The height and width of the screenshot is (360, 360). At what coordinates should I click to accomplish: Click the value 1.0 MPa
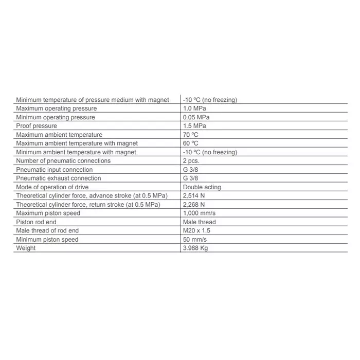[x=194, y=109]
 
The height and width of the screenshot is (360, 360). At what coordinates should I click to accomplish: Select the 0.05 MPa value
[x=196, y=117]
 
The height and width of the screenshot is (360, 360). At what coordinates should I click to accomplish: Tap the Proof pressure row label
[x=37, y=126]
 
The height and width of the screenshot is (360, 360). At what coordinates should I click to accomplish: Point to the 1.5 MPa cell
[x=194, y=126]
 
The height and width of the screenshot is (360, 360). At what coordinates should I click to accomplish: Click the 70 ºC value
[x=191, y=135]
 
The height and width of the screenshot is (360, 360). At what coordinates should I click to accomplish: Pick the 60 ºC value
[x=191, y=143]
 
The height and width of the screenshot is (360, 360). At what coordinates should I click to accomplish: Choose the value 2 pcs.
[x=191, y=161]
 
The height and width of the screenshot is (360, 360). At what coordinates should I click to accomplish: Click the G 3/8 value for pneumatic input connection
[x=190, y=170]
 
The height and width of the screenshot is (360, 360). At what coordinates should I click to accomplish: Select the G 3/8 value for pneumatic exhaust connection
[x=190, y=178]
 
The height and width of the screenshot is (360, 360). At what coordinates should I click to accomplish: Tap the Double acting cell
[x=202, y=187]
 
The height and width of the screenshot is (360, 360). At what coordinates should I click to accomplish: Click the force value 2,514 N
[x=194, y=196]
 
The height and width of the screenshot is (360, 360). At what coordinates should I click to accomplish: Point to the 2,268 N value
[x=194, y=205]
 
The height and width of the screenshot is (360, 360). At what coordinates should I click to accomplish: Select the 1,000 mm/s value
[x=200, y=213]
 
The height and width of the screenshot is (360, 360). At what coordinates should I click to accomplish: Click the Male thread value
[x=200, y=222]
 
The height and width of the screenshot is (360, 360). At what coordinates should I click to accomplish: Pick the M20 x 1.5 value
[x=196, y=231]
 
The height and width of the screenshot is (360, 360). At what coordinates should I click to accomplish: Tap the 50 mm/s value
[x=195, y=240]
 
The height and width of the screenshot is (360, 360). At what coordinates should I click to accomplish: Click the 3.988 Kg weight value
[x=195, y=248]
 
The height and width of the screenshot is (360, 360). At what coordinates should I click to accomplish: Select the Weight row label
[x=26, y=248]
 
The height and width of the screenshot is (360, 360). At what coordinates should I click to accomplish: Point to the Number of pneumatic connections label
[x=63, y=161]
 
